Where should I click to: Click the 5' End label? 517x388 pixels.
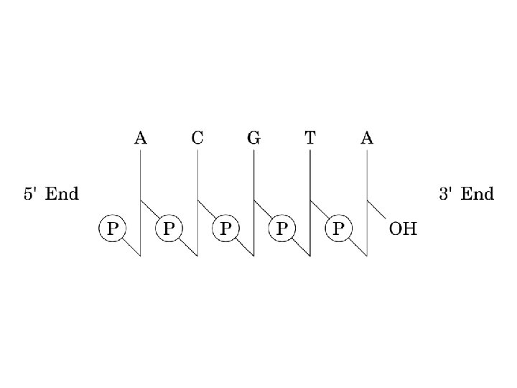tap(52, 194)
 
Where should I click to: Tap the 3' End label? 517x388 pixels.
tap(466, 194)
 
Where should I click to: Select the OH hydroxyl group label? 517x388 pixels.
tap(402, 230)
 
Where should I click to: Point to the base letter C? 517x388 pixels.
tap(197, 137)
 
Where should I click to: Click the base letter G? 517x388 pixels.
tap(253, 137)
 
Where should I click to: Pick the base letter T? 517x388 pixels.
tap(309, 137)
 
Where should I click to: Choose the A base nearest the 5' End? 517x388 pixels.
tap(141, 137)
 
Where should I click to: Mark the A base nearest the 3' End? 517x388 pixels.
tap(367, 137)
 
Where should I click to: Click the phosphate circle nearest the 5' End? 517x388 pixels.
tap(112, 229)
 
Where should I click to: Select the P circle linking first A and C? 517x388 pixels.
tap(169, 229)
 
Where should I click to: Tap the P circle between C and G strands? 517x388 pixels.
tap(225, 229)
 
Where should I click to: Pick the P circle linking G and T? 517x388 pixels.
tap(282, 229)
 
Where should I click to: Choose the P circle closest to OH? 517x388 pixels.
tap(339, 229)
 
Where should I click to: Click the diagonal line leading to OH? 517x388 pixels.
tap(378, 211)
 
